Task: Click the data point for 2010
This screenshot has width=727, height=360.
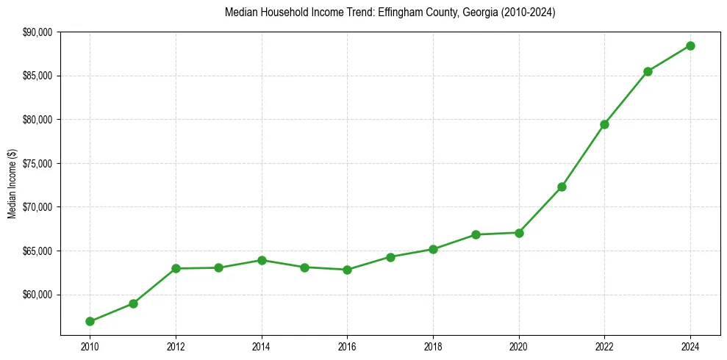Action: (x=90, y=321)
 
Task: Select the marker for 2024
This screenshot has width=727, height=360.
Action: (x=690, y=46)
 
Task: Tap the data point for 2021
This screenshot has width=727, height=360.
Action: (x=562, y=187)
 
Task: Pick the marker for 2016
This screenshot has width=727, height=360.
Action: (x=347, y=270)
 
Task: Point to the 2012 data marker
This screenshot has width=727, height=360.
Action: (x=176, y=268)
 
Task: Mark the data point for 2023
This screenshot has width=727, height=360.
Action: (x=648, y=71)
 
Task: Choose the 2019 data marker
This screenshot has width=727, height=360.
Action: (x=476, y=234)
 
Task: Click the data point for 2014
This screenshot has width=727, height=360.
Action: (x=262, y=260)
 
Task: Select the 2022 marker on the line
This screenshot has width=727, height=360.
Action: (x=604, y=124)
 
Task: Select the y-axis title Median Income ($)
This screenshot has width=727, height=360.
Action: (x=12, y=184)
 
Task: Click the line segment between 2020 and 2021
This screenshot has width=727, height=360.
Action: (x=540, y=209)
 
